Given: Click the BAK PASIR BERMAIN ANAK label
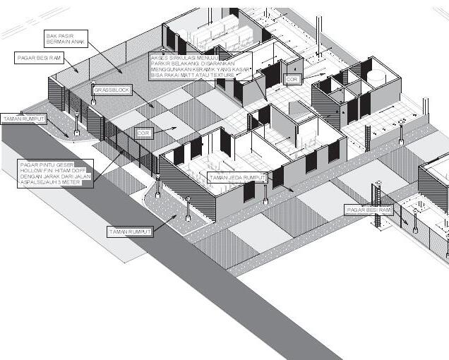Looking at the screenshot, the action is [x=66, y=38].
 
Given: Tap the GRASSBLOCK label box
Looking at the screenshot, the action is [x=109, y=90].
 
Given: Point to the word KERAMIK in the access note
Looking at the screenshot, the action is [x=212, y=68].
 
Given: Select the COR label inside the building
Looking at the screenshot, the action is [x=292, y=80].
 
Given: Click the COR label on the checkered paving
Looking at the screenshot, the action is [x=143, y=133].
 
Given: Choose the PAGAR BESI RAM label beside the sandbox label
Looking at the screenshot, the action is [x=39, y=58].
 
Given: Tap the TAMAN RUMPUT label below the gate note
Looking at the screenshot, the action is [x=130, y=232].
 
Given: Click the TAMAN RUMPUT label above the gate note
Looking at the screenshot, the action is [x=23, y=119].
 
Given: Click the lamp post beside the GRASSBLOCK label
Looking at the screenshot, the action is [x=94, y=93].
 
